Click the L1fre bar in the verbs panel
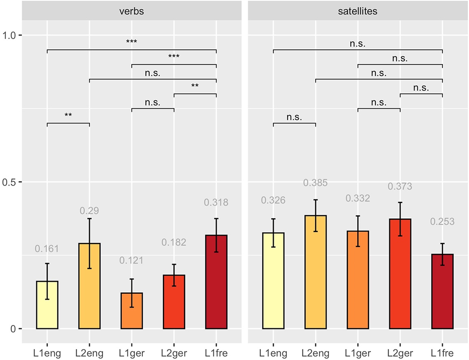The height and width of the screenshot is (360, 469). (216, 282)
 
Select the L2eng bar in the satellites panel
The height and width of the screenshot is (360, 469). (315, 272)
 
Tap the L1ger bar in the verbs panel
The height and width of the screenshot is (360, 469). (132, 311)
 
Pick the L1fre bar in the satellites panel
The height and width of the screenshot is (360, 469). (442, 292)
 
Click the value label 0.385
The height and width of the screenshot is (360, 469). (315, 183)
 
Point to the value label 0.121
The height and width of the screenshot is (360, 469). (131, 260)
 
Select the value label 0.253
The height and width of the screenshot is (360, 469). (442, 221)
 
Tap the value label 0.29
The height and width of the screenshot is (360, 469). (89, 211)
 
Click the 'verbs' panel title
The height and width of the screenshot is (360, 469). (132, 11)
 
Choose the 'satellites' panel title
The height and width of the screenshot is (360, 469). (357, 11)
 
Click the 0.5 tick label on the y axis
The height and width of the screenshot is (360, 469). (9, 182)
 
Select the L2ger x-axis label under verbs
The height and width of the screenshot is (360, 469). (174, 353)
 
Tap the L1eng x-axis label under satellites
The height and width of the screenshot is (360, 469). (273, 353)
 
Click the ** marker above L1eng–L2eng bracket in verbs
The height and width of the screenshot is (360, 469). (68, 115)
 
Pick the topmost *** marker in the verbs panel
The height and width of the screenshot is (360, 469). (131, 41)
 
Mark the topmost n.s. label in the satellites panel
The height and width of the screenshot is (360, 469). (357, 44)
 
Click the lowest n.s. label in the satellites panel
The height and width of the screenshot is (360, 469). (294, 117)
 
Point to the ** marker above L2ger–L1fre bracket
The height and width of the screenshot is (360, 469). (195, 86)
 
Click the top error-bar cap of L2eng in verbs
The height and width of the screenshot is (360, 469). (89, 219)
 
